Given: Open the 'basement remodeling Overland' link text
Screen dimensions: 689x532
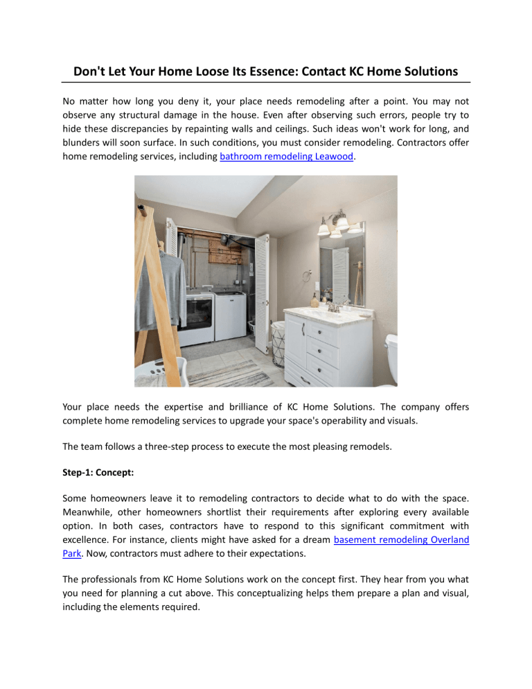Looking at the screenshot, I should (401, 539).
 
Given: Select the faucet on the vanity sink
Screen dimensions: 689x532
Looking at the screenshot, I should (334, 306).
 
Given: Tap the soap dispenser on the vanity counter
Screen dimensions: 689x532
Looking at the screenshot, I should (314, 299).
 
